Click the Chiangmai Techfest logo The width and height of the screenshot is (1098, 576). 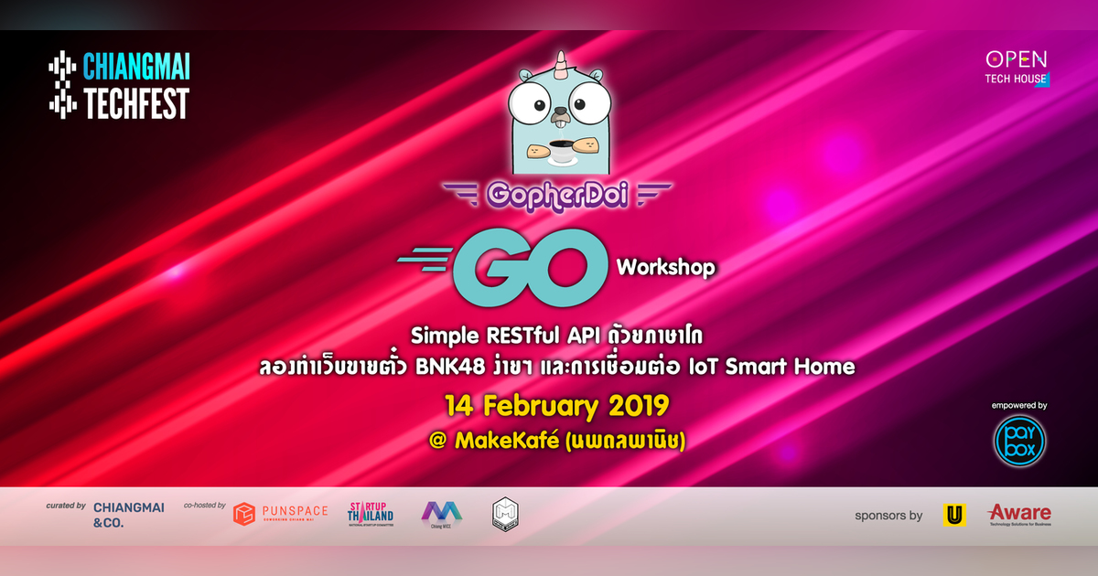(x=119, y=86)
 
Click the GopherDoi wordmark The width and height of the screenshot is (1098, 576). (x=557, y=194)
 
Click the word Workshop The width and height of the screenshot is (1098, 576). (x=665, y=268)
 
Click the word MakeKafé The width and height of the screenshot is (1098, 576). (x=507, y=441)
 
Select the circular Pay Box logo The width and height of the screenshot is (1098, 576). (x=1019, y=440)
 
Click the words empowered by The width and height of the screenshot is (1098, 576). (x=1019, y=404)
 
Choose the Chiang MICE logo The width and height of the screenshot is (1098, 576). (x=441, y=515)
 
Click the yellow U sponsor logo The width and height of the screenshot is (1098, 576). (x=954, y=515)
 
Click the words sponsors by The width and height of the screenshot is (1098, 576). (x=888, y=516)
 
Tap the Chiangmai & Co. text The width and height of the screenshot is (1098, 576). (x=128, y=515)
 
